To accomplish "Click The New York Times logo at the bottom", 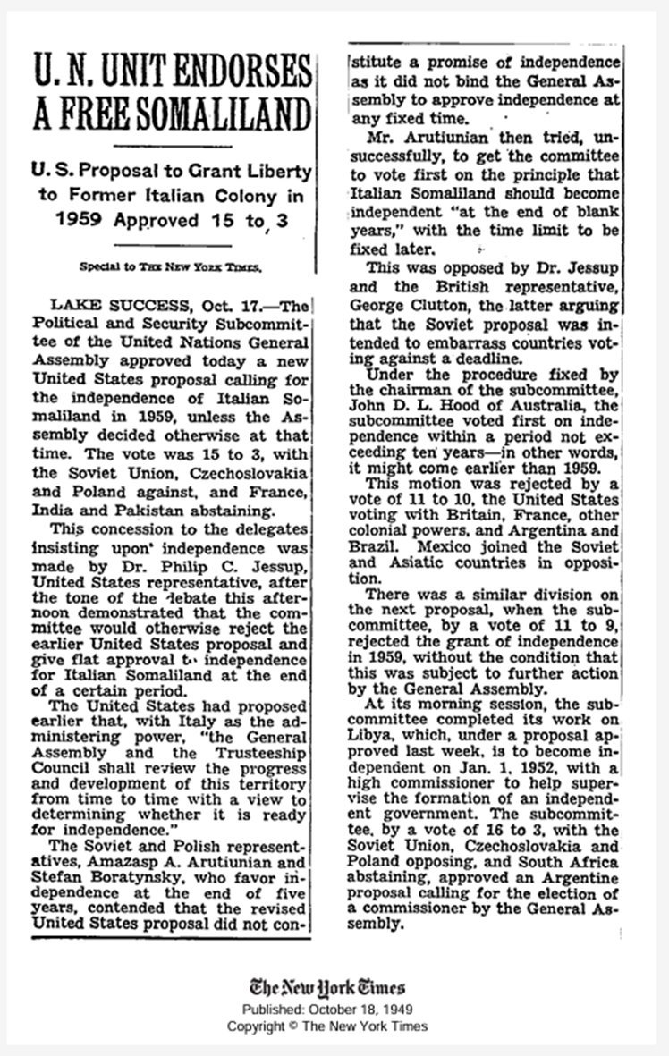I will (x=326, y=987).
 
